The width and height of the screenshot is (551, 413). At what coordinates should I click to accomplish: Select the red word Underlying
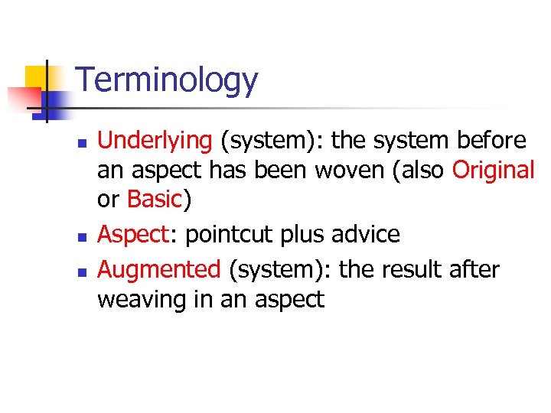[x=155, y=141]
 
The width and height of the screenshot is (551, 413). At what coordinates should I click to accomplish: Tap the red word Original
[x=493, y=170]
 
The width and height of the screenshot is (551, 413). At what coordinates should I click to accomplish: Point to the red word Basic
[x=155, y=199]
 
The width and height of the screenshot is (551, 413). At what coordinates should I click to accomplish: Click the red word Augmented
[x=159, y=269]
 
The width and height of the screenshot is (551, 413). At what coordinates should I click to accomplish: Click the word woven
[x=345, y=170]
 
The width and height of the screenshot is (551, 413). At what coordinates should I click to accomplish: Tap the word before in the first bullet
[x=491, y=141]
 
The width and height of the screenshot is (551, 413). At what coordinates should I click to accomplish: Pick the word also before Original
[x=421, y=170]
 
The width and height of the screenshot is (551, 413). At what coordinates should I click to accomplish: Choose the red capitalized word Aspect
[x=132, y=234]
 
